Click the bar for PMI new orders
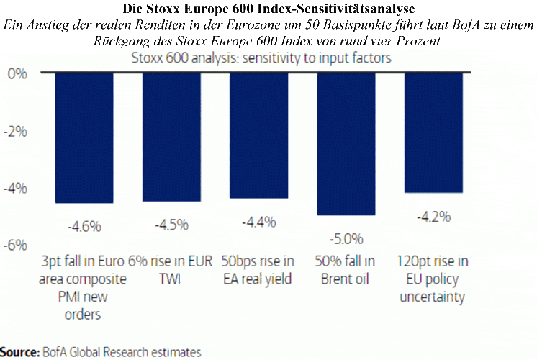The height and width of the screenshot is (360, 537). (84, 137)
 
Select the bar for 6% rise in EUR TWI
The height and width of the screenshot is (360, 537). (171, 136)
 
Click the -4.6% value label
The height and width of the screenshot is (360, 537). (84, 227)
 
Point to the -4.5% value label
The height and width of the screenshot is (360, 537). (171, 225)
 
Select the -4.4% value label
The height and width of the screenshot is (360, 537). (259, 222)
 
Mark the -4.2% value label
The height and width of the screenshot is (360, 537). (433, 217)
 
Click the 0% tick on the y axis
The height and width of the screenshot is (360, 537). (17, 74)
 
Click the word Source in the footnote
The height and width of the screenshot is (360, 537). (19, 352)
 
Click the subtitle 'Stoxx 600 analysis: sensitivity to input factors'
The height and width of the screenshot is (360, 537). (262, 58)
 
